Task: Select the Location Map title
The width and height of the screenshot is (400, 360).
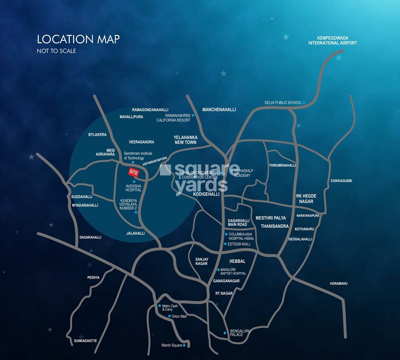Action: (78, 39)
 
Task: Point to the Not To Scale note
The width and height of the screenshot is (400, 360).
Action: (56, 51)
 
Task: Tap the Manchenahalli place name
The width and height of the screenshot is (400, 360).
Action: (219, 110)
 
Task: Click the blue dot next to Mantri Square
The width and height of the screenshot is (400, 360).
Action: (185, 346)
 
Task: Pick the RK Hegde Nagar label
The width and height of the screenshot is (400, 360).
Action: (306, 199)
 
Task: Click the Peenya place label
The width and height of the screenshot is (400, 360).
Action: (93, 277)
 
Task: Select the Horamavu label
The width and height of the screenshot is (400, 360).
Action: (338, 283)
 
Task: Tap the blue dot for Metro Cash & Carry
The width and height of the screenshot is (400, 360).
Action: (159, 306)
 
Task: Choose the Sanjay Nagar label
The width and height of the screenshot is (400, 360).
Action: (199, 261)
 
